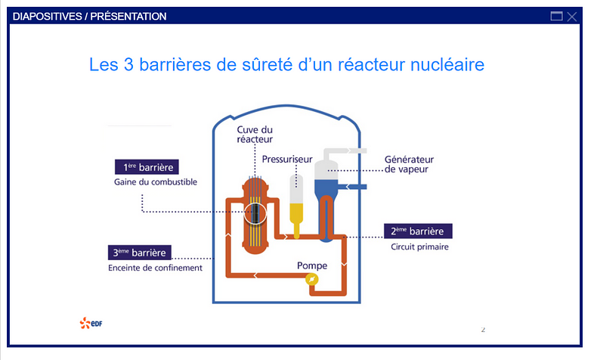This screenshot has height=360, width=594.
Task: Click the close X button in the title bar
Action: tap(572, 17)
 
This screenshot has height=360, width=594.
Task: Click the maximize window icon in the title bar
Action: tap(557, 17)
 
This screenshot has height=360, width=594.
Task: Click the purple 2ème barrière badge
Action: tap(418, 231)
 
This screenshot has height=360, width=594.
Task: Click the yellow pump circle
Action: tap(311, 280)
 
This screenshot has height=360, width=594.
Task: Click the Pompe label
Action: tap(312, 265)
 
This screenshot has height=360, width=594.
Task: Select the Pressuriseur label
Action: tap(287, 160)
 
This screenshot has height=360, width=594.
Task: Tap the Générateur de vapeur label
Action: tap(409, 164)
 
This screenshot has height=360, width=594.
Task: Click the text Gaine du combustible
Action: tap(145, 182)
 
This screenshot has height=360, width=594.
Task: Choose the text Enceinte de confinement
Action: tap(155, 268)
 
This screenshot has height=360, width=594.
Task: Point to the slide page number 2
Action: tap(483, 330)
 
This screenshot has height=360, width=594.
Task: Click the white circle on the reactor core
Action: tap(256, 213)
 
